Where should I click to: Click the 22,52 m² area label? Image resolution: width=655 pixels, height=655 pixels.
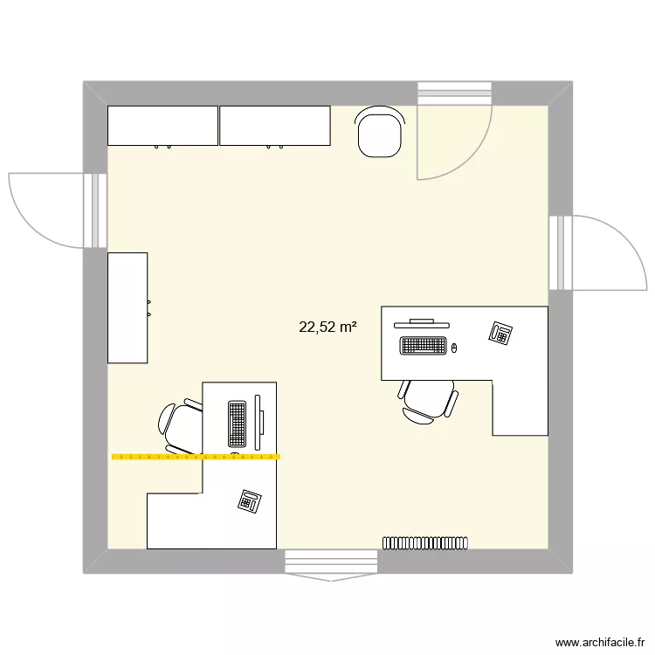click(327, 327)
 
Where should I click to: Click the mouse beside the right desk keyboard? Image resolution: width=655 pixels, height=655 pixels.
click(453, 348)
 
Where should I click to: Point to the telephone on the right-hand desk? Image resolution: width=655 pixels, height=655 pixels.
click(500, 333)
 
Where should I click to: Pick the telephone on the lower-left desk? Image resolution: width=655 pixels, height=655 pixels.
click(250, 500)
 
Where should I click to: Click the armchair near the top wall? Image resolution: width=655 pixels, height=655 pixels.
click(381, 133)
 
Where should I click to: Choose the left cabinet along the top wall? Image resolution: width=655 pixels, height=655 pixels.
click(162, 126)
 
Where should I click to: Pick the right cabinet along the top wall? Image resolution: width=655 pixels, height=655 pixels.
click(274, 126)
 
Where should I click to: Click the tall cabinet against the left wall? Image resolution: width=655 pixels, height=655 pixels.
click(128, 307)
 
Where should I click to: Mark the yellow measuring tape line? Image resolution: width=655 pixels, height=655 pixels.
click(196, 456)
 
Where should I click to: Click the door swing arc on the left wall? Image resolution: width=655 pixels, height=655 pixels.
click(35, 210)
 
